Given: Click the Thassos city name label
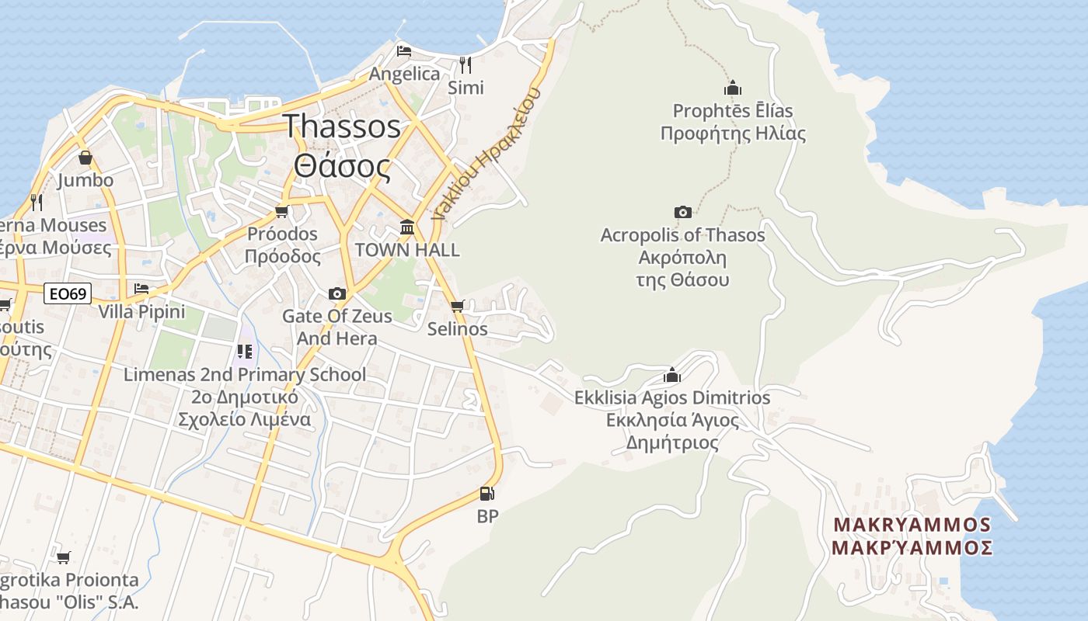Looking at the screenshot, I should (x=342, y=127).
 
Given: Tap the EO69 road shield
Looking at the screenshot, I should (x=68, y=293).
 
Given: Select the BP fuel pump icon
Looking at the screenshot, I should (x=487, y=494).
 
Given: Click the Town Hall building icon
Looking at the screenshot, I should (x=407, y=227).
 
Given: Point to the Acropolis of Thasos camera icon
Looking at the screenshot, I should (x=682, y=212).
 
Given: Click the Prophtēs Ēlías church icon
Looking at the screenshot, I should (x=732, y=88).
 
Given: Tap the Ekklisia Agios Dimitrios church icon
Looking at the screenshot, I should (x=672, y=376).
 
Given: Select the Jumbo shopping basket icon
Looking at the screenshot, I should (x=85, y=158).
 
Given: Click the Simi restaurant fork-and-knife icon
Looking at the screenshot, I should (x=466, y=64).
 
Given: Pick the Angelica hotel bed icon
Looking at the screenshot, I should (x=404, y=51).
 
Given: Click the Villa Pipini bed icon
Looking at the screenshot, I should (x=141, y=289).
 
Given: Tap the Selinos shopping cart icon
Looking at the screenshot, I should (x=458, y=306).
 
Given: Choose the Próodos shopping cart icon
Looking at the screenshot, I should (x=282, y=211).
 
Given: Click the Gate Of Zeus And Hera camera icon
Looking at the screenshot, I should (x=337, y=293).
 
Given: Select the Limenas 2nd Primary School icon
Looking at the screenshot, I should (x=245, y=352).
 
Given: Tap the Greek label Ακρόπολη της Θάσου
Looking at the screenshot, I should (x=682, y=269).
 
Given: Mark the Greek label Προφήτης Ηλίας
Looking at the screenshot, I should (x=733, y=134).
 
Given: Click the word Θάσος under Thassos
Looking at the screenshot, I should (x=342, y=165).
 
